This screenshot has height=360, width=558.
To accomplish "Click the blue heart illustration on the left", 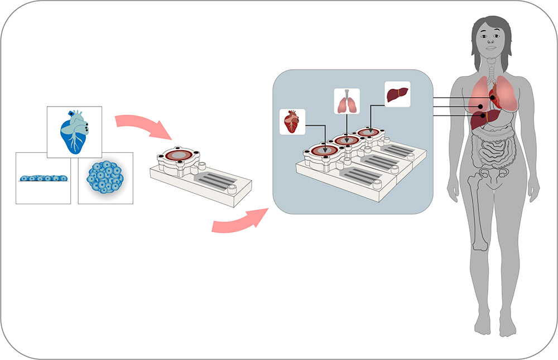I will point(74,131).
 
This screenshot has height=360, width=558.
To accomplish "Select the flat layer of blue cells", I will point(43,178).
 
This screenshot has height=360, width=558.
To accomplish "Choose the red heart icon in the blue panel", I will point(292,121).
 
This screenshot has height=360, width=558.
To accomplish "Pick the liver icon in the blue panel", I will point(397,93).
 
